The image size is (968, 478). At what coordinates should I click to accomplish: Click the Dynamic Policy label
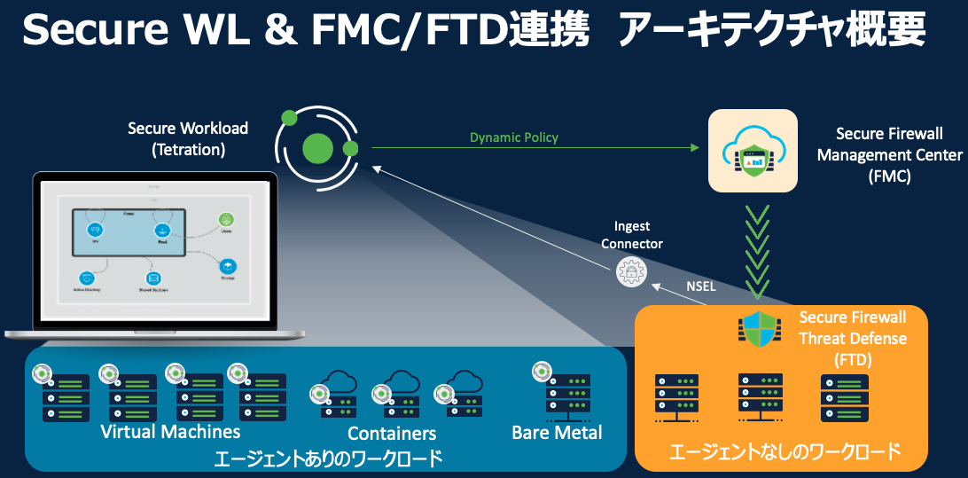(514, 137)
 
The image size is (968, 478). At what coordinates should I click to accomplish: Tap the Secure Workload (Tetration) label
(188, 139)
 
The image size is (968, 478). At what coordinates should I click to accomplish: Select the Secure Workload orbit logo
(316, 146)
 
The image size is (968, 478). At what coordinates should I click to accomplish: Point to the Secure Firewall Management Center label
(889, 155)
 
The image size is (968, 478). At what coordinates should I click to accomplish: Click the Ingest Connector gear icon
(632, 272)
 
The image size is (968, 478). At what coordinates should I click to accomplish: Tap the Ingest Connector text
(632, 236)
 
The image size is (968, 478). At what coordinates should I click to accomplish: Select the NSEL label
(700, 286)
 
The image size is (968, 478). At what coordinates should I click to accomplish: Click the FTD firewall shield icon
(760, 328)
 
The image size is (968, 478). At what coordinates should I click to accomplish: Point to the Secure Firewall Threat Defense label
(853, 339)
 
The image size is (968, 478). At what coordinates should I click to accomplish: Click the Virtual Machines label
(171, 432)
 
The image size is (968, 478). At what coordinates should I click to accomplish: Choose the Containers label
(392, 434)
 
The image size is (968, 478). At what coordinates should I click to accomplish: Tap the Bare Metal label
(557, 433)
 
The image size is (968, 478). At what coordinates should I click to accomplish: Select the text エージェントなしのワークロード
(785, 452)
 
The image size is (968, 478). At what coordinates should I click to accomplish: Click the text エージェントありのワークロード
(328, 458)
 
